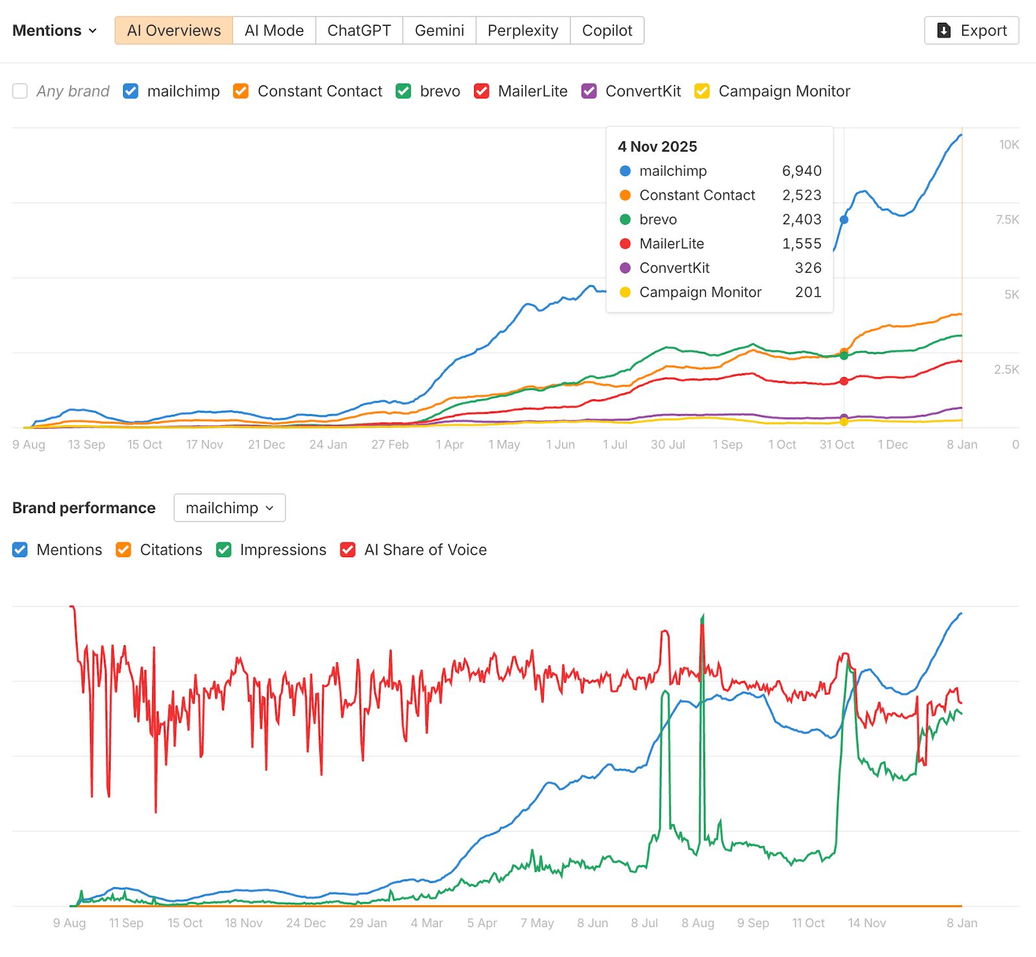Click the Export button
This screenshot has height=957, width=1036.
click(x=971, y=30)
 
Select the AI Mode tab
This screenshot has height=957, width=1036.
click(x=274, y=30)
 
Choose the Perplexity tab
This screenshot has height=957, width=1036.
click(x=523, y=30)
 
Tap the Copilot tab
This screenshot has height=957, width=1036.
click(x=607, y=30)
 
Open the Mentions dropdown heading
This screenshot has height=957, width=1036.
click(x=54, y=30)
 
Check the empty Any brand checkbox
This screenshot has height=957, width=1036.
click(x=20, y=91)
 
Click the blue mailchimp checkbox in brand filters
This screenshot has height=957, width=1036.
click(x=131, y=91)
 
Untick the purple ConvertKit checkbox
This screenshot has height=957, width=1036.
click(x=589, y=91)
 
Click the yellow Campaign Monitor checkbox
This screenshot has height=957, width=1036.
click(x=702, y=91)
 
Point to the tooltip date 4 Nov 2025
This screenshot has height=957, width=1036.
click(x=657, y=146)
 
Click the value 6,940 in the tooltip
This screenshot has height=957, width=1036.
click(x=802, y=171)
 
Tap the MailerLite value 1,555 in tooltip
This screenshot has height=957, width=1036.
click(x=802, y=244)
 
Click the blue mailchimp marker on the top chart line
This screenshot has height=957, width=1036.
click(x=844, y=220)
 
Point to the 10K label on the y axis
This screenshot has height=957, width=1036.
click(x=1009, y=144)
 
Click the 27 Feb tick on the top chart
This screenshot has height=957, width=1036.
click(x=390, y=444)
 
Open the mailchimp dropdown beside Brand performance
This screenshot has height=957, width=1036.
click(x=229, y=508)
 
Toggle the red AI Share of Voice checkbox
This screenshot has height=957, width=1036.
click(x=348, y=550)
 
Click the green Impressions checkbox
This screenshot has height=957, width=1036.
click(x=224, y=550)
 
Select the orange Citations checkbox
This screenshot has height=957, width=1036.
click(x=124, y=550)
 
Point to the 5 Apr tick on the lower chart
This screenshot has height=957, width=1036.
click(x=482, y=923)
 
